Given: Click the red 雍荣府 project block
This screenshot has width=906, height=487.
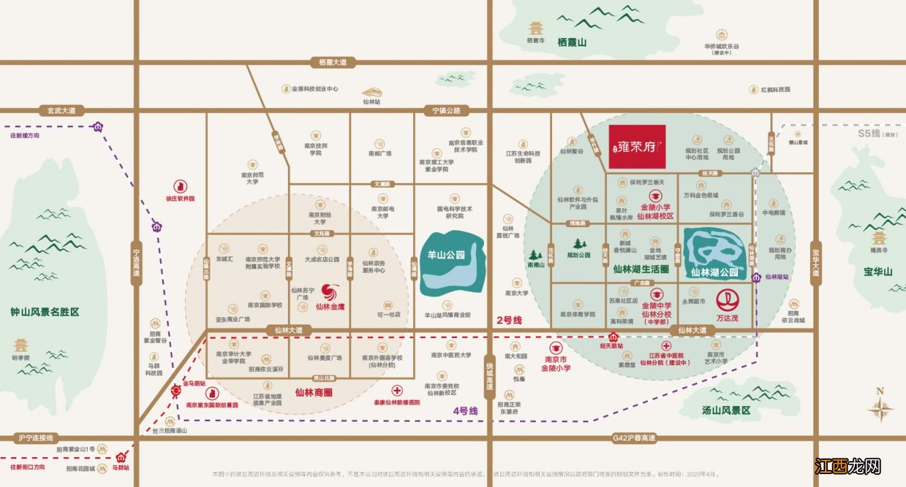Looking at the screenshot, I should (636, 147).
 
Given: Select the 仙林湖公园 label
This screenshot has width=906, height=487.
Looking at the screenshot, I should (714, 273).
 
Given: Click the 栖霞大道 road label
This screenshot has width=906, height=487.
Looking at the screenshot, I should (333, 63).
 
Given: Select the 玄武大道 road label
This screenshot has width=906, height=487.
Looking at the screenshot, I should (61, 110).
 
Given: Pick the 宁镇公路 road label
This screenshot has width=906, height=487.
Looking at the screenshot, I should (446, 110).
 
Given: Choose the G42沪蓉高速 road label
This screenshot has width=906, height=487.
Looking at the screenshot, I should (634, 438).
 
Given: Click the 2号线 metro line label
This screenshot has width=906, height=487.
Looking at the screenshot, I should (508, 320).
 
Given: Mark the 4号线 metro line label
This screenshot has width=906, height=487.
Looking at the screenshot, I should (466, 411).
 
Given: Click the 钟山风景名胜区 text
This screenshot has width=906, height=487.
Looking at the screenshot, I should (45, 312).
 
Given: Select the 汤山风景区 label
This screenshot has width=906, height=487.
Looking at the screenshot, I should (726, 411).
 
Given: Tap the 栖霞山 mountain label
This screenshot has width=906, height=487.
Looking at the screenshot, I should (572, 42).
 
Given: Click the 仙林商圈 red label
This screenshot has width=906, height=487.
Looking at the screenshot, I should (314, 392).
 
